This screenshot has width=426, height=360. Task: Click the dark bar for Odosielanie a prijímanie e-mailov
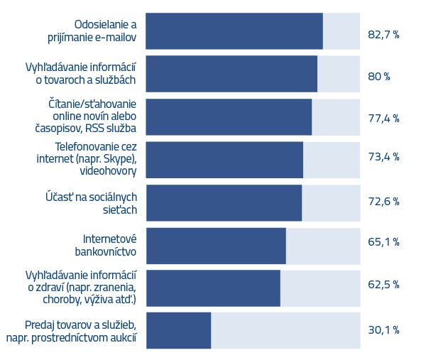(234, 31)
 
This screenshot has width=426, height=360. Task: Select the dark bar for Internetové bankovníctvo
(216, 246)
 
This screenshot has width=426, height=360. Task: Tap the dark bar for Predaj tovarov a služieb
(179, 330)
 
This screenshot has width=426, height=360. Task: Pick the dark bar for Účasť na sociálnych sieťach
(224, 202)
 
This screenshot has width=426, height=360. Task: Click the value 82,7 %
(383, 33)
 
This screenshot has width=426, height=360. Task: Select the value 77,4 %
(383, 118)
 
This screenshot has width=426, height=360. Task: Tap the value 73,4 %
(383, 157)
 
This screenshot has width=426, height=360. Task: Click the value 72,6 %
(383, 202)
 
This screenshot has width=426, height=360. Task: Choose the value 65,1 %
(383, 242)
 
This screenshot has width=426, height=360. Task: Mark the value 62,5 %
(383, 285)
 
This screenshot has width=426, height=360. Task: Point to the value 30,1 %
(383, 330)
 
